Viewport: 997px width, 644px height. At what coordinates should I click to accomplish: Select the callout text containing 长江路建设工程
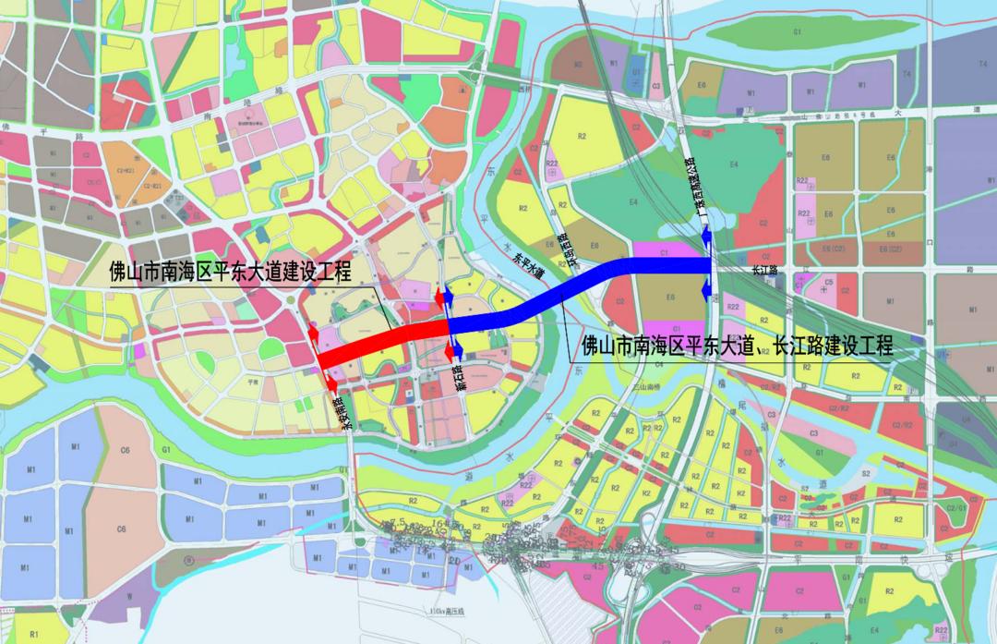736,346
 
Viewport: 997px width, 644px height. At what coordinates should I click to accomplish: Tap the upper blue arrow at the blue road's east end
704,239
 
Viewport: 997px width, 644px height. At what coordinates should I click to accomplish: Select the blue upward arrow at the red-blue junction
447,296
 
